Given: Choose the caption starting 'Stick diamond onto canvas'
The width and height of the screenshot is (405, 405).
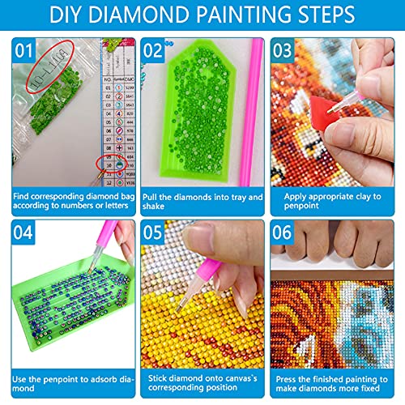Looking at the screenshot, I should tap(202, 382).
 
